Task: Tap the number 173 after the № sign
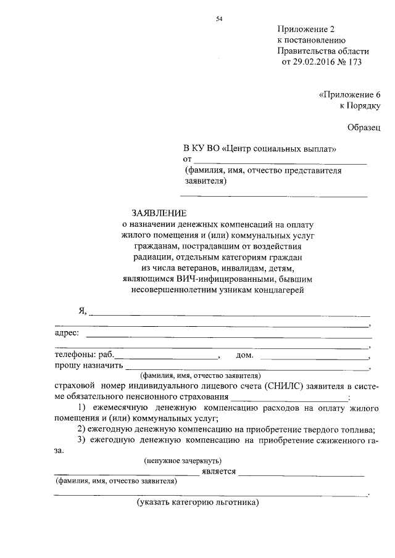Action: [355, 62]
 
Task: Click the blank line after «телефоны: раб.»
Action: [167, 358]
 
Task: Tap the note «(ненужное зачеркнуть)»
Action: [183, 461]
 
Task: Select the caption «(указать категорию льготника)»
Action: [198, 503]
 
